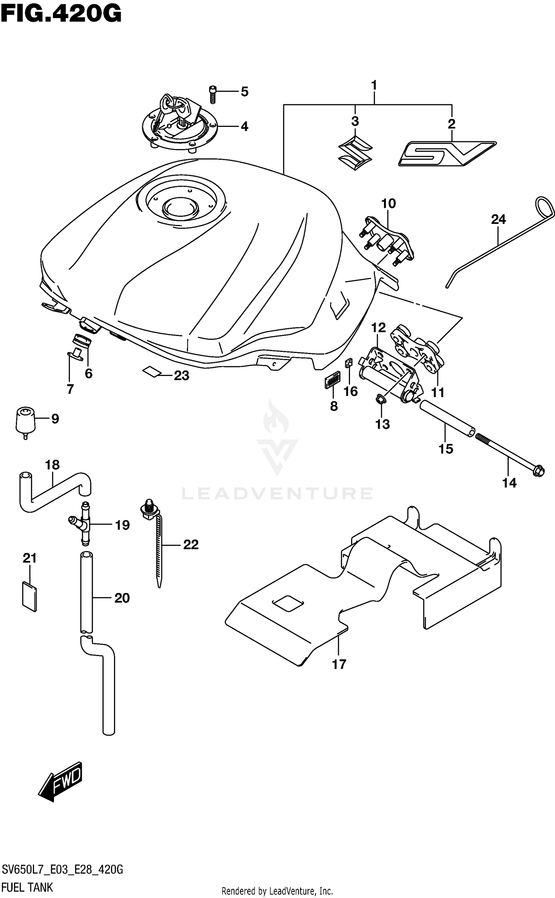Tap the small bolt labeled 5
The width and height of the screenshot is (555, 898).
pyautogui.click(x=212, y=94)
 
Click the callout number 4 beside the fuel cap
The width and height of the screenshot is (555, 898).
pyautogui.click(x=244, y=127)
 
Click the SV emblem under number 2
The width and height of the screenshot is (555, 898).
pyautogui.click(x=447, y=153)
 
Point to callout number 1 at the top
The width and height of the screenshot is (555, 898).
pyautogui.click(x=374, y=85)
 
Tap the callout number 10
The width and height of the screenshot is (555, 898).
pyautogui.click(x=388, y=204)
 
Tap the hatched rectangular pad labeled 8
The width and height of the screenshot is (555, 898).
pyautogui.click(x=333, y=380)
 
